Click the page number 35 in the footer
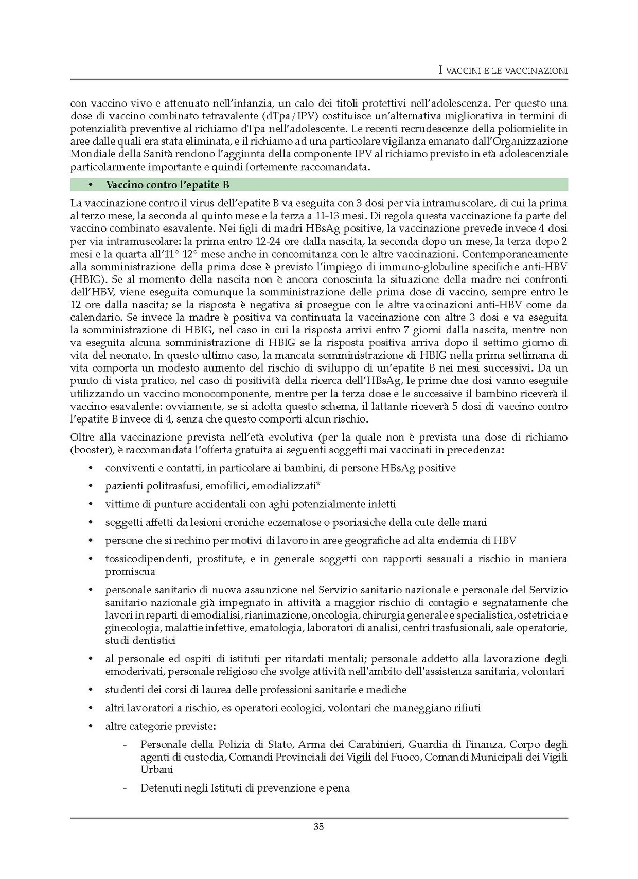click(x=318, y=827)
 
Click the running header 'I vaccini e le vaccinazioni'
click(x=503, y=71)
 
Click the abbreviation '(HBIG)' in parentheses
click(x=86, y=279)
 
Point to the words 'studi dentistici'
click(x=140, y=641)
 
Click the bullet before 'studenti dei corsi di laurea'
click(x=92, y=690)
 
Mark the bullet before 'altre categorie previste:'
click(x=92, y=726)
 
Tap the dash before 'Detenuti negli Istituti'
click(x=125, y=788)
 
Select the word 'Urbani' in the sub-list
click(x=157, y=770)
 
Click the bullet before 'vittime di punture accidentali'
click(x=92, y=504)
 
